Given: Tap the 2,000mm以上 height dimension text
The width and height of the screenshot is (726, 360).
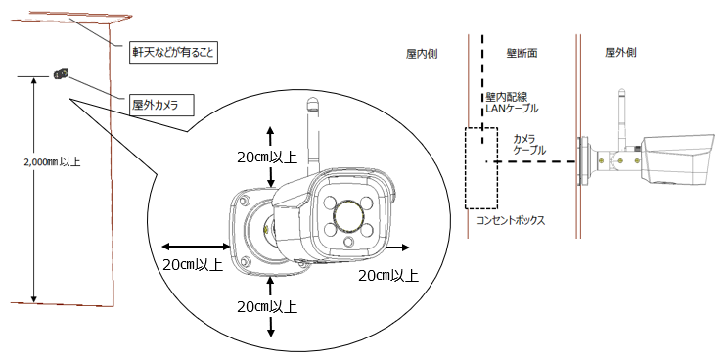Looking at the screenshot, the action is [x=52, y=162].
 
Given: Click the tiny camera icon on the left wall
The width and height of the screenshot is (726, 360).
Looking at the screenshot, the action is [x=61, y=73].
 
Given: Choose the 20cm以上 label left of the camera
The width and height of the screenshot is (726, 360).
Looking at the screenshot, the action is [x=193, y=265].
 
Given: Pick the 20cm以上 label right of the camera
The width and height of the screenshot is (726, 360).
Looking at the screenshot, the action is [x=388, y=275].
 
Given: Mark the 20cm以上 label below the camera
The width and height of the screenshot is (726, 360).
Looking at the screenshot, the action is [x=267, y=306].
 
